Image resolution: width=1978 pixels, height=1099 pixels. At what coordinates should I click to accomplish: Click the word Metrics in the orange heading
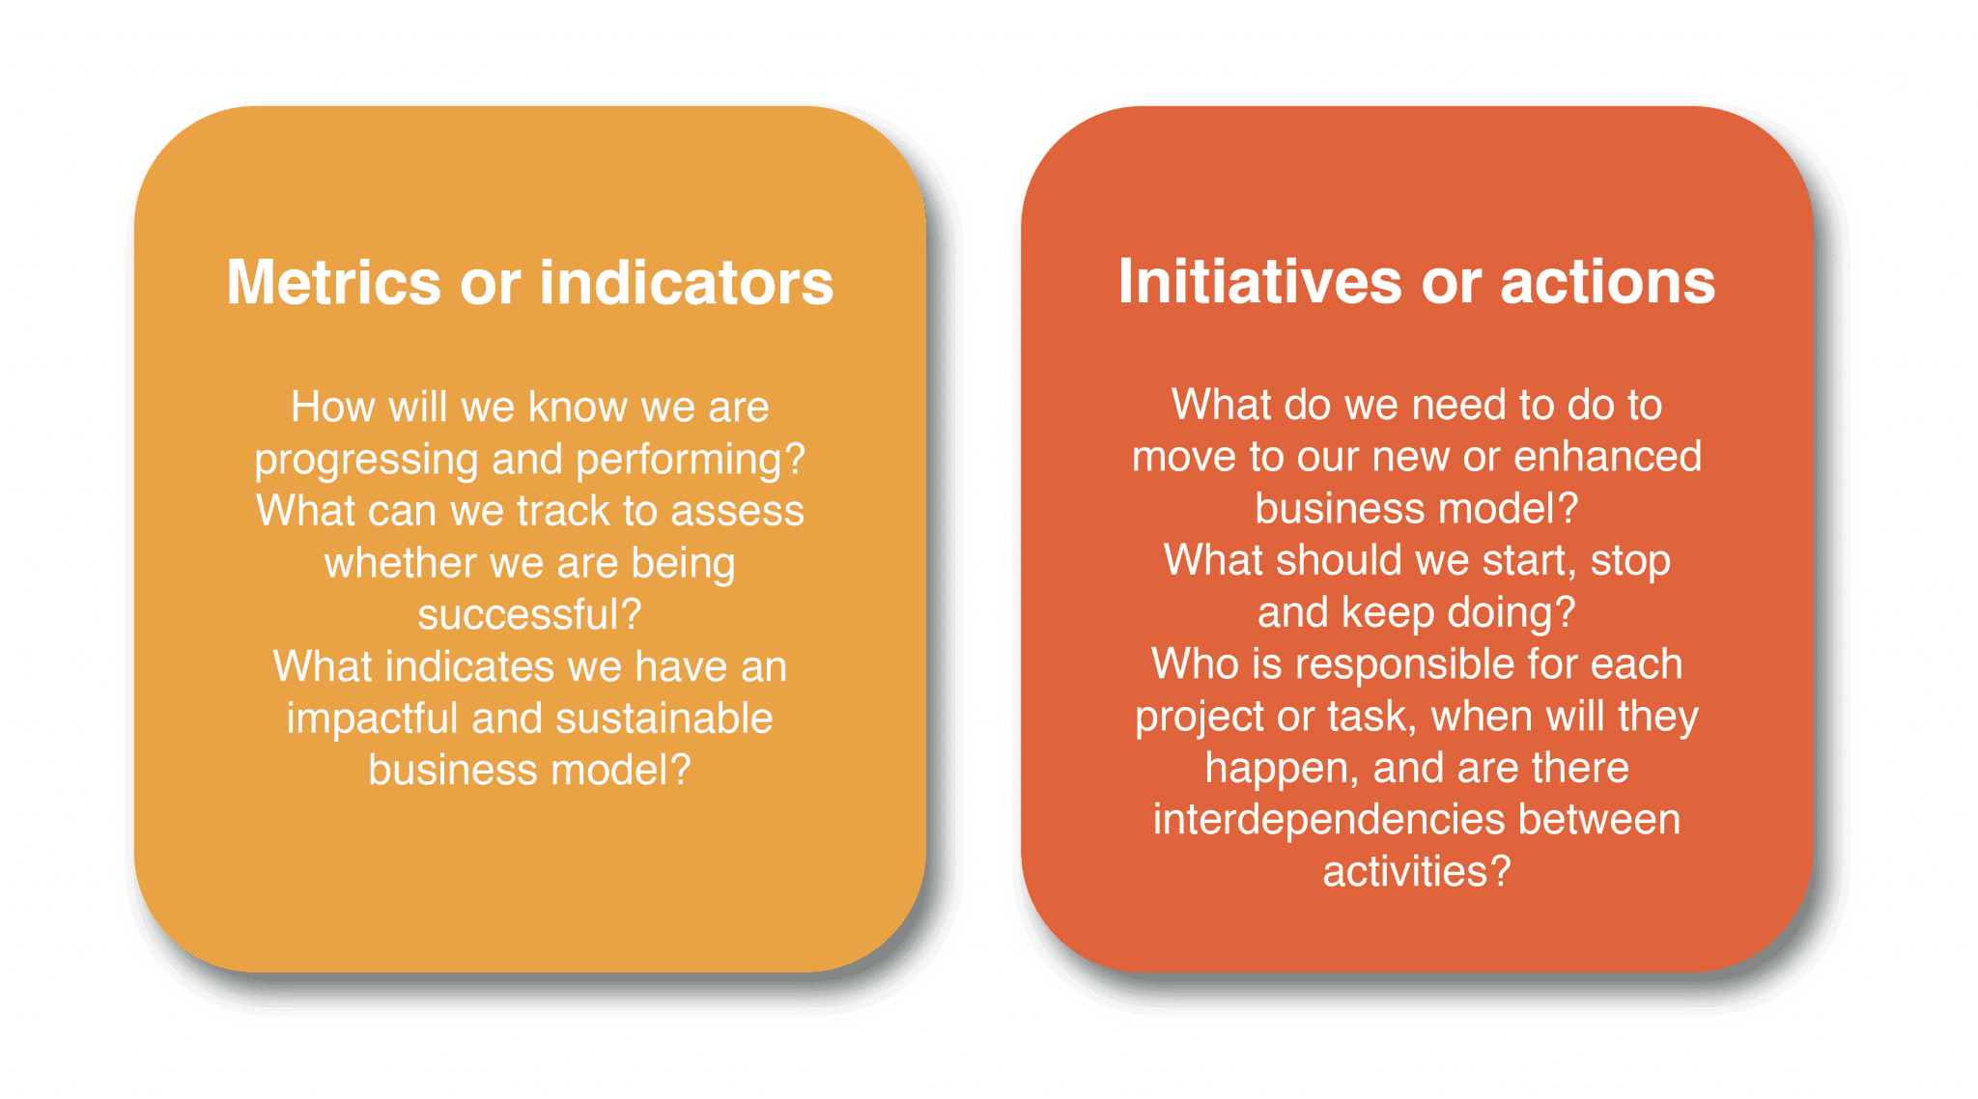pyautogui.click(x=333, y=282)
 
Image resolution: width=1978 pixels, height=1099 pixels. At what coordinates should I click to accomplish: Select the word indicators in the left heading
pyautogui.click(x=686, y=282)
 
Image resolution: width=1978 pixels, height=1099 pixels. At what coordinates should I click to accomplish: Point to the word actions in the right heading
pyautogui.click(x=1607, y=283)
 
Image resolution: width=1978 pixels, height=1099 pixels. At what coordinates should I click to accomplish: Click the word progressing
pyautogui.click(x=366, y=461)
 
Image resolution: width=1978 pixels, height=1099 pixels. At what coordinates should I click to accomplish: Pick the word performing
pyautogui.click(x=691, y=461)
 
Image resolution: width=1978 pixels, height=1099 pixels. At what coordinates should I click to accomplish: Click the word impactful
pyautogui.click(x=372, y=719)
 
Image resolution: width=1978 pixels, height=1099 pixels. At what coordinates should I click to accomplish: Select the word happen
pyautogui.click(x=1282, y=770)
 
